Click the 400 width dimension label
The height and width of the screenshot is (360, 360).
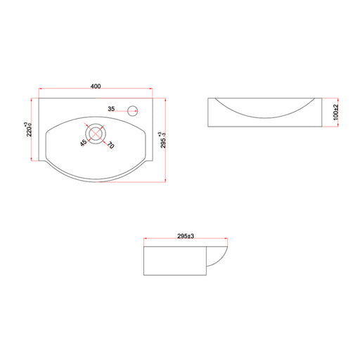96,86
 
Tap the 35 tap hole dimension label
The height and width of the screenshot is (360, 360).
111,109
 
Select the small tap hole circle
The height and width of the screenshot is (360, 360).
132,111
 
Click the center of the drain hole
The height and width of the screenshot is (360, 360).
96,134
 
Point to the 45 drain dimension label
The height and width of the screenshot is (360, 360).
83,143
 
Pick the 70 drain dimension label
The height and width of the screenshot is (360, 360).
110,146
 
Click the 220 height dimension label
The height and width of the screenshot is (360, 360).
28,129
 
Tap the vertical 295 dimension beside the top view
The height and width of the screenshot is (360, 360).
163,140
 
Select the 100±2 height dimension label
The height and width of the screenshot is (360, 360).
336,112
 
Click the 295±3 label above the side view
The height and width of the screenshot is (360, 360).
186,236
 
